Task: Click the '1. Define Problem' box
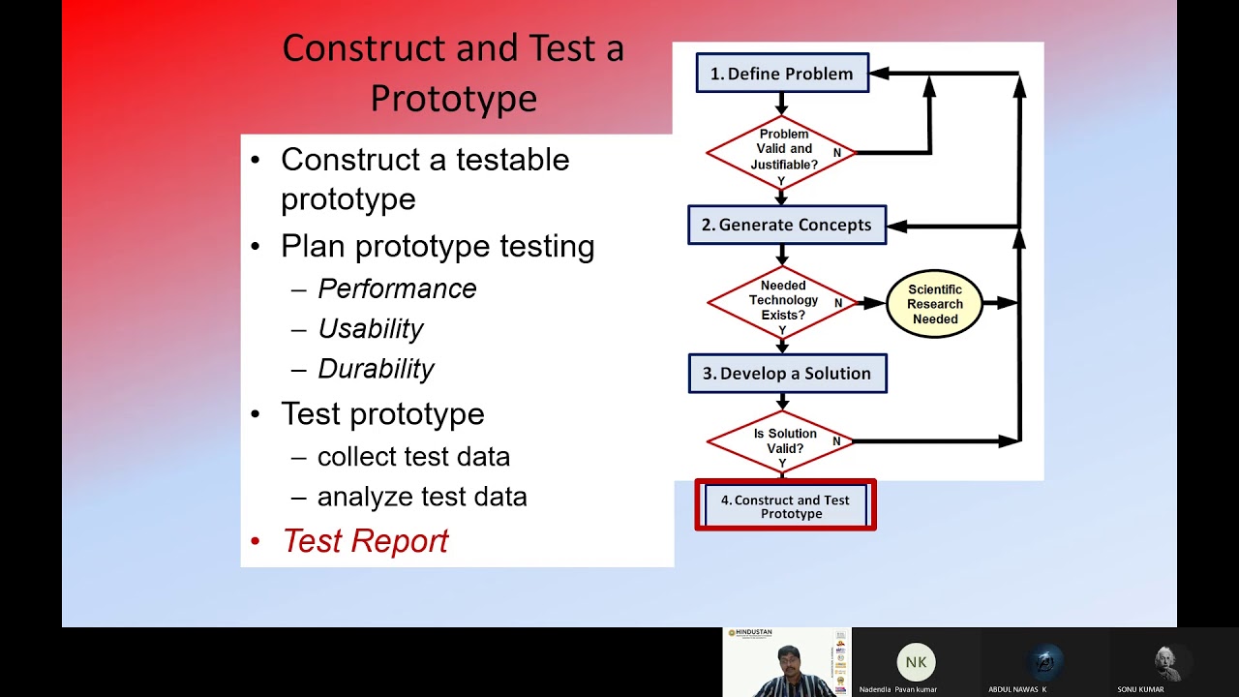pyautogui.click(x=782, y=74)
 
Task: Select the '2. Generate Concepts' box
pyautogui.click(x=786, y=225)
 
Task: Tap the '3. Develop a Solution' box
pyautogui.click(x=787, y=374)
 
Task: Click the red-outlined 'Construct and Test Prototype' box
pyautogui.click(x=785, y=506)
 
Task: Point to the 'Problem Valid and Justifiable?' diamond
pyautogui.click(x=782, y=150)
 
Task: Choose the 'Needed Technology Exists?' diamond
pyautogui.click(x=782, y=301)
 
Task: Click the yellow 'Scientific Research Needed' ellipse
pyautogui.click(x=934, y=304)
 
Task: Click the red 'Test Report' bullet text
pyautogui.click(x=365, y=541)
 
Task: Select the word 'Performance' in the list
pyautogui.click(x=397, y=289)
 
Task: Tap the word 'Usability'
pyautogui.click(x=371, y=329)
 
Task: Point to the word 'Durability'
pyautogui.click(x=376, y=369)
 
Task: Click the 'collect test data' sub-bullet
pyautogui.click(x=413, y=457)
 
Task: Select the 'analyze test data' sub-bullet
pyautogui.click(x=422, y=498)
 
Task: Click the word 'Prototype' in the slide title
pyautogui.click(x=453, y=98)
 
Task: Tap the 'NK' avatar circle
pyautogui.click(x=916, y=662)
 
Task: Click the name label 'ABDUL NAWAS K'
pyautogui.click(x=1017, y=689)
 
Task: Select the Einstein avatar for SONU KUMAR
pyautogui.click(x=1173, y=662)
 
